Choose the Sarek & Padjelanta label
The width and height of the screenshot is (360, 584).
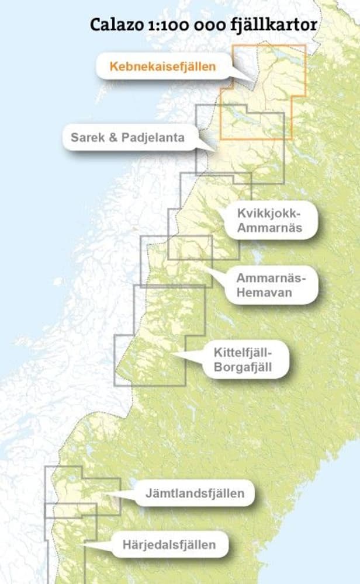[x=127, y=138]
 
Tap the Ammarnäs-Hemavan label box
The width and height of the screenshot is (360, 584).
[x=271, y=285]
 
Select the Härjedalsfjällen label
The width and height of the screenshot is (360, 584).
[x=169, y=545]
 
